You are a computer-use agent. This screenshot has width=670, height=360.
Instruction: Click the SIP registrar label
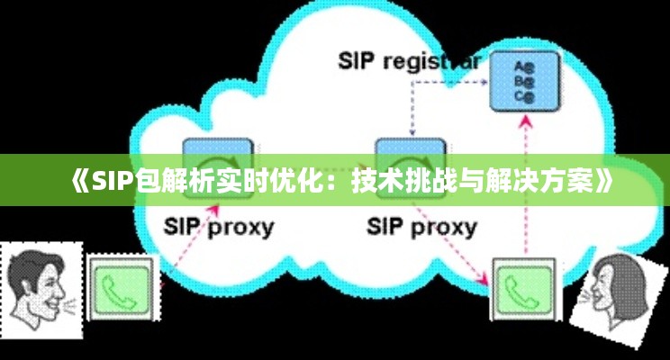click(410, 61)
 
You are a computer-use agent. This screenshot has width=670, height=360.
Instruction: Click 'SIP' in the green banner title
click(112, 181)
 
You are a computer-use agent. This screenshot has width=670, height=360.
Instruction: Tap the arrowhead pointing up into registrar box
click(525, 120)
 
